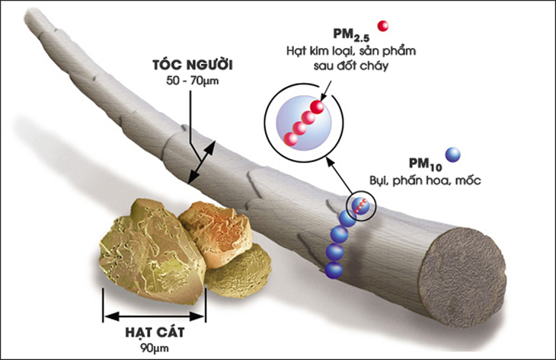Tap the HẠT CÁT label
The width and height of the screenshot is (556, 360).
[155, 333]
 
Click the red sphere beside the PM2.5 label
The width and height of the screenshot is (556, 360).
[383, 26]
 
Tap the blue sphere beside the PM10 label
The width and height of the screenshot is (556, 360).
[453, 155]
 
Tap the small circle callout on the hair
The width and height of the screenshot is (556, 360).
[361, 205]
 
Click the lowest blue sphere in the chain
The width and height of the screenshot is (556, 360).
[333, 269]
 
